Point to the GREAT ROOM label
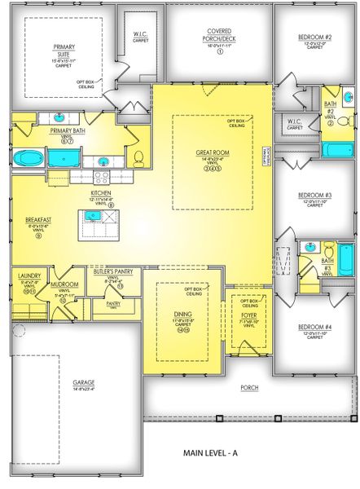point(210,152)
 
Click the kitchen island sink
point(94,216)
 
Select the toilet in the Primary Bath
point(138,157)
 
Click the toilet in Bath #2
point(343,123)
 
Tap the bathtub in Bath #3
point(345,259)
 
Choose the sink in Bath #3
point(310,246)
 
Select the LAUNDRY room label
point(29,276)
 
